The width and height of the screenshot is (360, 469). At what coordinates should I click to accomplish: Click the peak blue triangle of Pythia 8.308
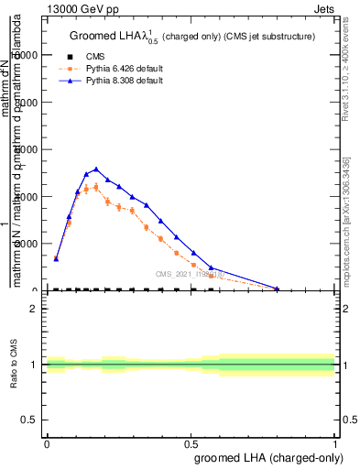tap(96, 169)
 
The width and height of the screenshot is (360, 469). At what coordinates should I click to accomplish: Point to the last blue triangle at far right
tap(278, 289)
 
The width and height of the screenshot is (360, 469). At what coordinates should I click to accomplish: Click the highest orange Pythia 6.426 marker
tap(96, 187)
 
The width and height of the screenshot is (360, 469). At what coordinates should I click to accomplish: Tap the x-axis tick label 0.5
tap(191, 442)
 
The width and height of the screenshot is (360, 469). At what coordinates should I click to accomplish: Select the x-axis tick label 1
tap(335, 442)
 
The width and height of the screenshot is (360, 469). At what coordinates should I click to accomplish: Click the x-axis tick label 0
tap(47, 442)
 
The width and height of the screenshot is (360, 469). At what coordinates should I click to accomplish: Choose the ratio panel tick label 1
tap(35, 365)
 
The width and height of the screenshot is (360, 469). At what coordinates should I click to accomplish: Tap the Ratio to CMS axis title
tap(16, 365)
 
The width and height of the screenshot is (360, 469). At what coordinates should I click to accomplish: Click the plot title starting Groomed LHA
tap(192, 37)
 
